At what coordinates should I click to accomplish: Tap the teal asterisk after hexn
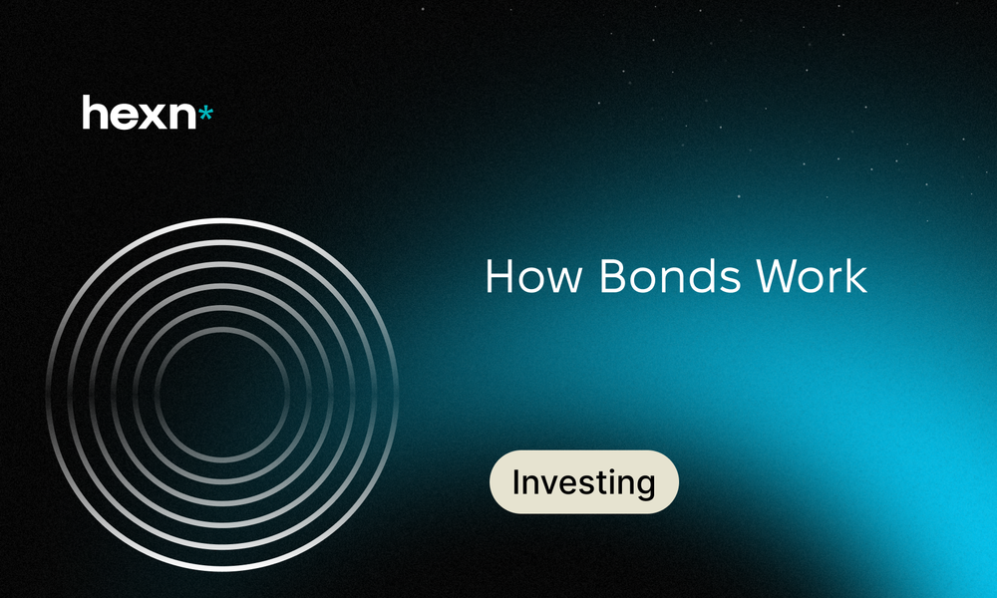pyautogui.click(x=205, y=115)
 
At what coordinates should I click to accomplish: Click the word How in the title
pyautogui.click(x=533, y=276)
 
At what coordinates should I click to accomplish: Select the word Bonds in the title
pyautogui.click(x=670, y=276)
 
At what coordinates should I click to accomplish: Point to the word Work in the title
pyautogui.click(x=812, y=276)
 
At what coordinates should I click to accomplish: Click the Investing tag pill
pyautogui.click(x=583, y=481)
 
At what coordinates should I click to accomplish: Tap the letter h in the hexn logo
pyautogui.click(x=95, y=113)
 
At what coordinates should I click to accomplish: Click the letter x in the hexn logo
pyautogui.click(x=154, y=117)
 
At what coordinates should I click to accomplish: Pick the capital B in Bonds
pyautogui.click(x=612, y=276)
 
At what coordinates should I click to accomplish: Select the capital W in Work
pyautogui.click(x=778, y=276)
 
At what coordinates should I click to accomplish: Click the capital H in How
pyautogui.click(x=499, y=276)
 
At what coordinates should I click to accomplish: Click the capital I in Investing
pyautogui.click(x=516, y=481)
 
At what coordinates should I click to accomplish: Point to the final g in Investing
pyautogui.click(x=645, y=486)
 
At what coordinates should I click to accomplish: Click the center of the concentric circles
pyautogui.click(x=222, y=394)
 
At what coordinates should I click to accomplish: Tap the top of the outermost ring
pyautogui.click(x=222, y=220)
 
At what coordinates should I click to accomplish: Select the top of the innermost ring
pyautogui.click(x=222, y=329)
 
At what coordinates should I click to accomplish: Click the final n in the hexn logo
pyautogui.click(x=183, y=117)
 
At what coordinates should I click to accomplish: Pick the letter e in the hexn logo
pyautogui.click(x=124, y=117)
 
